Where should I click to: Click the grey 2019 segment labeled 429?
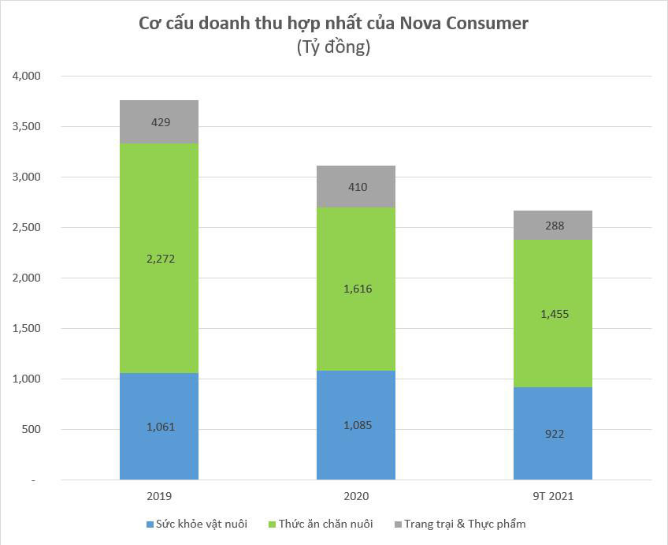point(159,122)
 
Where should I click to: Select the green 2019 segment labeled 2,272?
point(159,258)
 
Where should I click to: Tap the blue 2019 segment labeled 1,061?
point(159,427)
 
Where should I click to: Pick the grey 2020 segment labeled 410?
point(356,187)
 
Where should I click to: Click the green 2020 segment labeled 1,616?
point(356,289)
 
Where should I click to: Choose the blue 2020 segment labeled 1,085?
point(356,425)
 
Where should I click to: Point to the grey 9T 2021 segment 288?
point(553,226)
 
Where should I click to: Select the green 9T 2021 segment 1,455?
point(553,314)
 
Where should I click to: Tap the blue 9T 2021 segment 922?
point(553,434)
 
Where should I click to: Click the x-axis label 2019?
point(159,497)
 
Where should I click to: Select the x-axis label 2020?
point(356,497)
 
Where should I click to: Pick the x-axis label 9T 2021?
point(553,497)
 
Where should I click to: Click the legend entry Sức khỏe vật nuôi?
point(202,524)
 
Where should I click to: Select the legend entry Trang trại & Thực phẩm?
point(464,524)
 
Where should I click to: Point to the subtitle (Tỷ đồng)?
point(333,47)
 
